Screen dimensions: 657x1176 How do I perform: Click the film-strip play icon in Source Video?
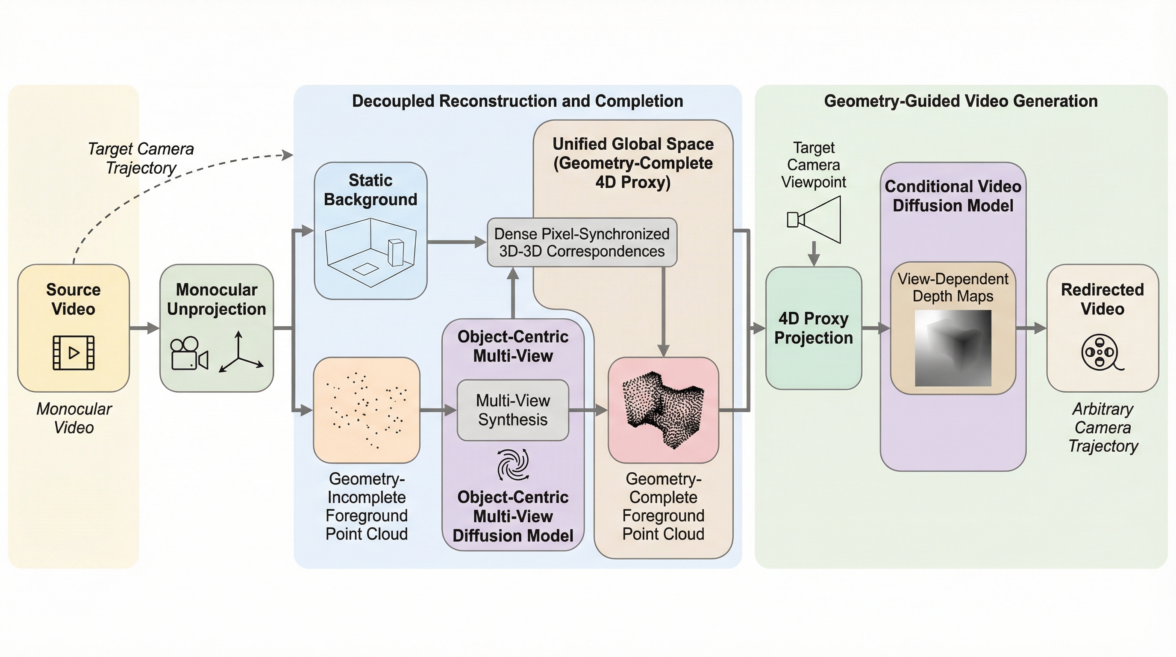[73, 352]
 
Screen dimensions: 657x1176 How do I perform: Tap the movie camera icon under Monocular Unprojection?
[189, 354]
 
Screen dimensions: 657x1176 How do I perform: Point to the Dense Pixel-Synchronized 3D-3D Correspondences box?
[582, 243]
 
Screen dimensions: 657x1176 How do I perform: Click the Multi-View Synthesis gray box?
[513, 410]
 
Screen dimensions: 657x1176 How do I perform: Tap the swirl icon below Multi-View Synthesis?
[513, 464]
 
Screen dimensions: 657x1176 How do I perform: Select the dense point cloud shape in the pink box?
[663, 409]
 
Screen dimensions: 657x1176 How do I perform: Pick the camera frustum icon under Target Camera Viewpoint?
[814, 220]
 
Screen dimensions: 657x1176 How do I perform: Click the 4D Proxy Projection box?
[814, 328]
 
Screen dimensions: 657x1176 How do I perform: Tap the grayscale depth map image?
[953, 348]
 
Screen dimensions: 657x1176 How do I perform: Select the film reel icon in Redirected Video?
[1102, 353]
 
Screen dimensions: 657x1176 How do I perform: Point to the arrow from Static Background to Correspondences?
[456, 242]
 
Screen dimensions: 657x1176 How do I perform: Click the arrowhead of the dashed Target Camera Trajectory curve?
[288, 155]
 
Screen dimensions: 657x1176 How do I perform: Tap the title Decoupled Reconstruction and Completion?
[517, 101]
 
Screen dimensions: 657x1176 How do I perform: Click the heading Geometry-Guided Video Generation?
[961, 101]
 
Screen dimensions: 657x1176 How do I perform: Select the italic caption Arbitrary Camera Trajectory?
[1102, 427]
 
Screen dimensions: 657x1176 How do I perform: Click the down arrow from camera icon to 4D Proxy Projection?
[814, 254]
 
